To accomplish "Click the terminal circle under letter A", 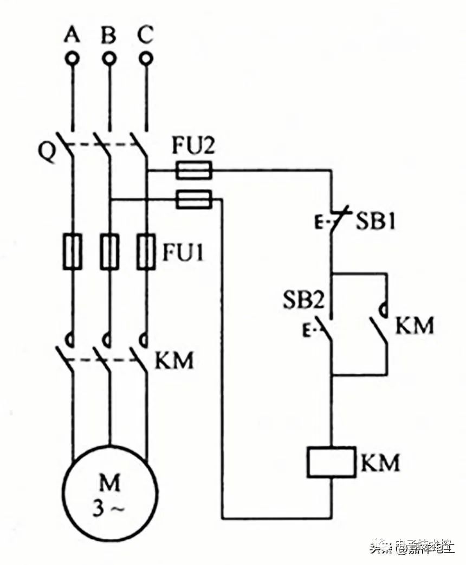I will [x=72, y=58].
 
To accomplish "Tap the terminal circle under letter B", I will [x=109, y=58].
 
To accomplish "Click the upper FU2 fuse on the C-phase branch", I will [x=193, y=172].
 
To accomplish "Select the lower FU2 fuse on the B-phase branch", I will [x=193, y=199].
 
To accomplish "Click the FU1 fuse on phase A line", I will [x=72, y=251].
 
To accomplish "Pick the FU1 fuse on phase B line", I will [x=109, y=251].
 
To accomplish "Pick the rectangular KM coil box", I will [x=331, y=462].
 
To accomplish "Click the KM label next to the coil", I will [x=381, y=463].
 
